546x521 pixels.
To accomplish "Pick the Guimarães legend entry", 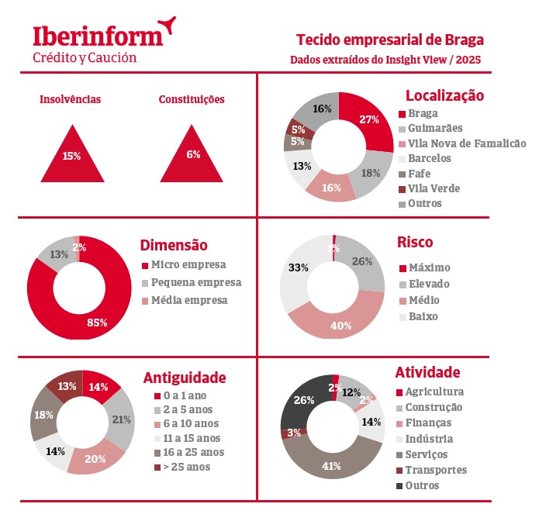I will pyautogui.click(x=434, y=129).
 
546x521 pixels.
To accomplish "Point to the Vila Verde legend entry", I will pyautogui.click(x=434, y=188).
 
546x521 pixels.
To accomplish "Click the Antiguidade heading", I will pyautogui.click(x=185, y=378).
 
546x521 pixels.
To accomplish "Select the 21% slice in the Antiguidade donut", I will pyautogui.click(x=120, y=420).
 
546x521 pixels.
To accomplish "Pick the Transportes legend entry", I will pyautogui.click(x=436, y=470).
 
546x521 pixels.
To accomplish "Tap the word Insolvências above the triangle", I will pyautogui.click(x=71, y=99).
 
